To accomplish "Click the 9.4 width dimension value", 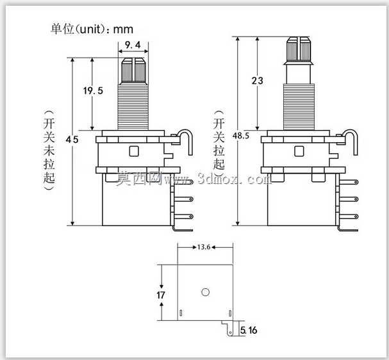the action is (133, 45).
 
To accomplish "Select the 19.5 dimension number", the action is (93, 91).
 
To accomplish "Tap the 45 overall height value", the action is (72, 140).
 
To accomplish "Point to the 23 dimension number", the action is (257, 81).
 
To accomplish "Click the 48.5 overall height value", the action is (241, 136).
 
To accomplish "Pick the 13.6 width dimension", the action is (204, 247).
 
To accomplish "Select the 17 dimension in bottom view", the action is (161, 295).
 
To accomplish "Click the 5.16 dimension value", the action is (249, 331).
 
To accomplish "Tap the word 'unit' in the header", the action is (90, 29).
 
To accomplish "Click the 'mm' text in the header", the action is (123, 30).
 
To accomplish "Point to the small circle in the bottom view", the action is (206, 292).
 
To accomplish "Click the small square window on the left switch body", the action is (134, 151).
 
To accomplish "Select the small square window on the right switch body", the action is (299, 151).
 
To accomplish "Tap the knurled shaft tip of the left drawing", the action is (133, 71).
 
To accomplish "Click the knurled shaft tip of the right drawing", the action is (299, 49).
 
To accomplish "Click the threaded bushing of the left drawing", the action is (133, 107).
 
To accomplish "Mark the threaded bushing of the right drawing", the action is (299, 106).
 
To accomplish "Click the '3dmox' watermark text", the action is (219, 179).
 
